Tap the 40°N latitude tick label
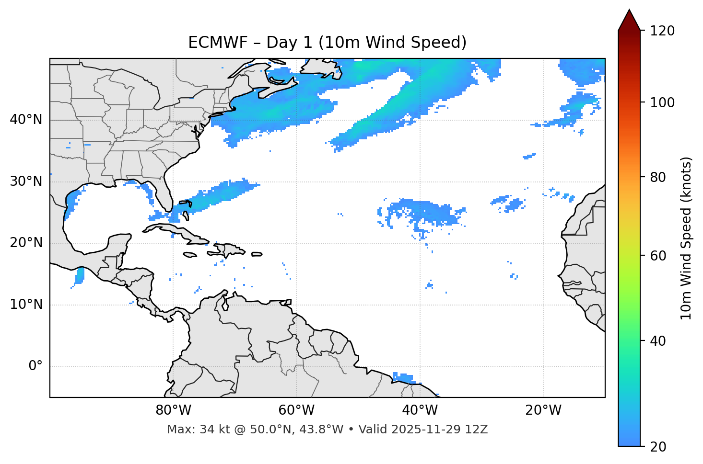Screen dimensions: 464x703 (26, 120)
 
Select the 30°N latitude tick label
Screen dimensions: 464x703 (26, 181)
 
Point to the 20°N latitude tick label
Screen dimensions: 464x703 (26, 243)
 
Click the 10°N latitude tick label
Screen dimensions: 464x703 (26, 305)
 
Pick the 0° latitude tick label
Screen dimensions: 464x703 (35, 366)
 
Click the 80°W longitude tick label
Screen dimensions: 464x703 (173, 410)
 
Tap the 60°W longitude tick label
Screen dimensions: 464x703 (296, 410)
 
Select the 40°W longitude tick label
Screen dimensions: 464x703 (420, 410)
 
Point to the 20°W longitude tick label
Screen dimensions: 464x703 (543, 410)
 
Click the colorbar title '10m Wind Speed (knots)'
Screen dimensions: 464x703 (686, 238)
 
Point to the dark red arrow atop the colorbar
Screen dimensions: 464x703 (629, 20)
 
